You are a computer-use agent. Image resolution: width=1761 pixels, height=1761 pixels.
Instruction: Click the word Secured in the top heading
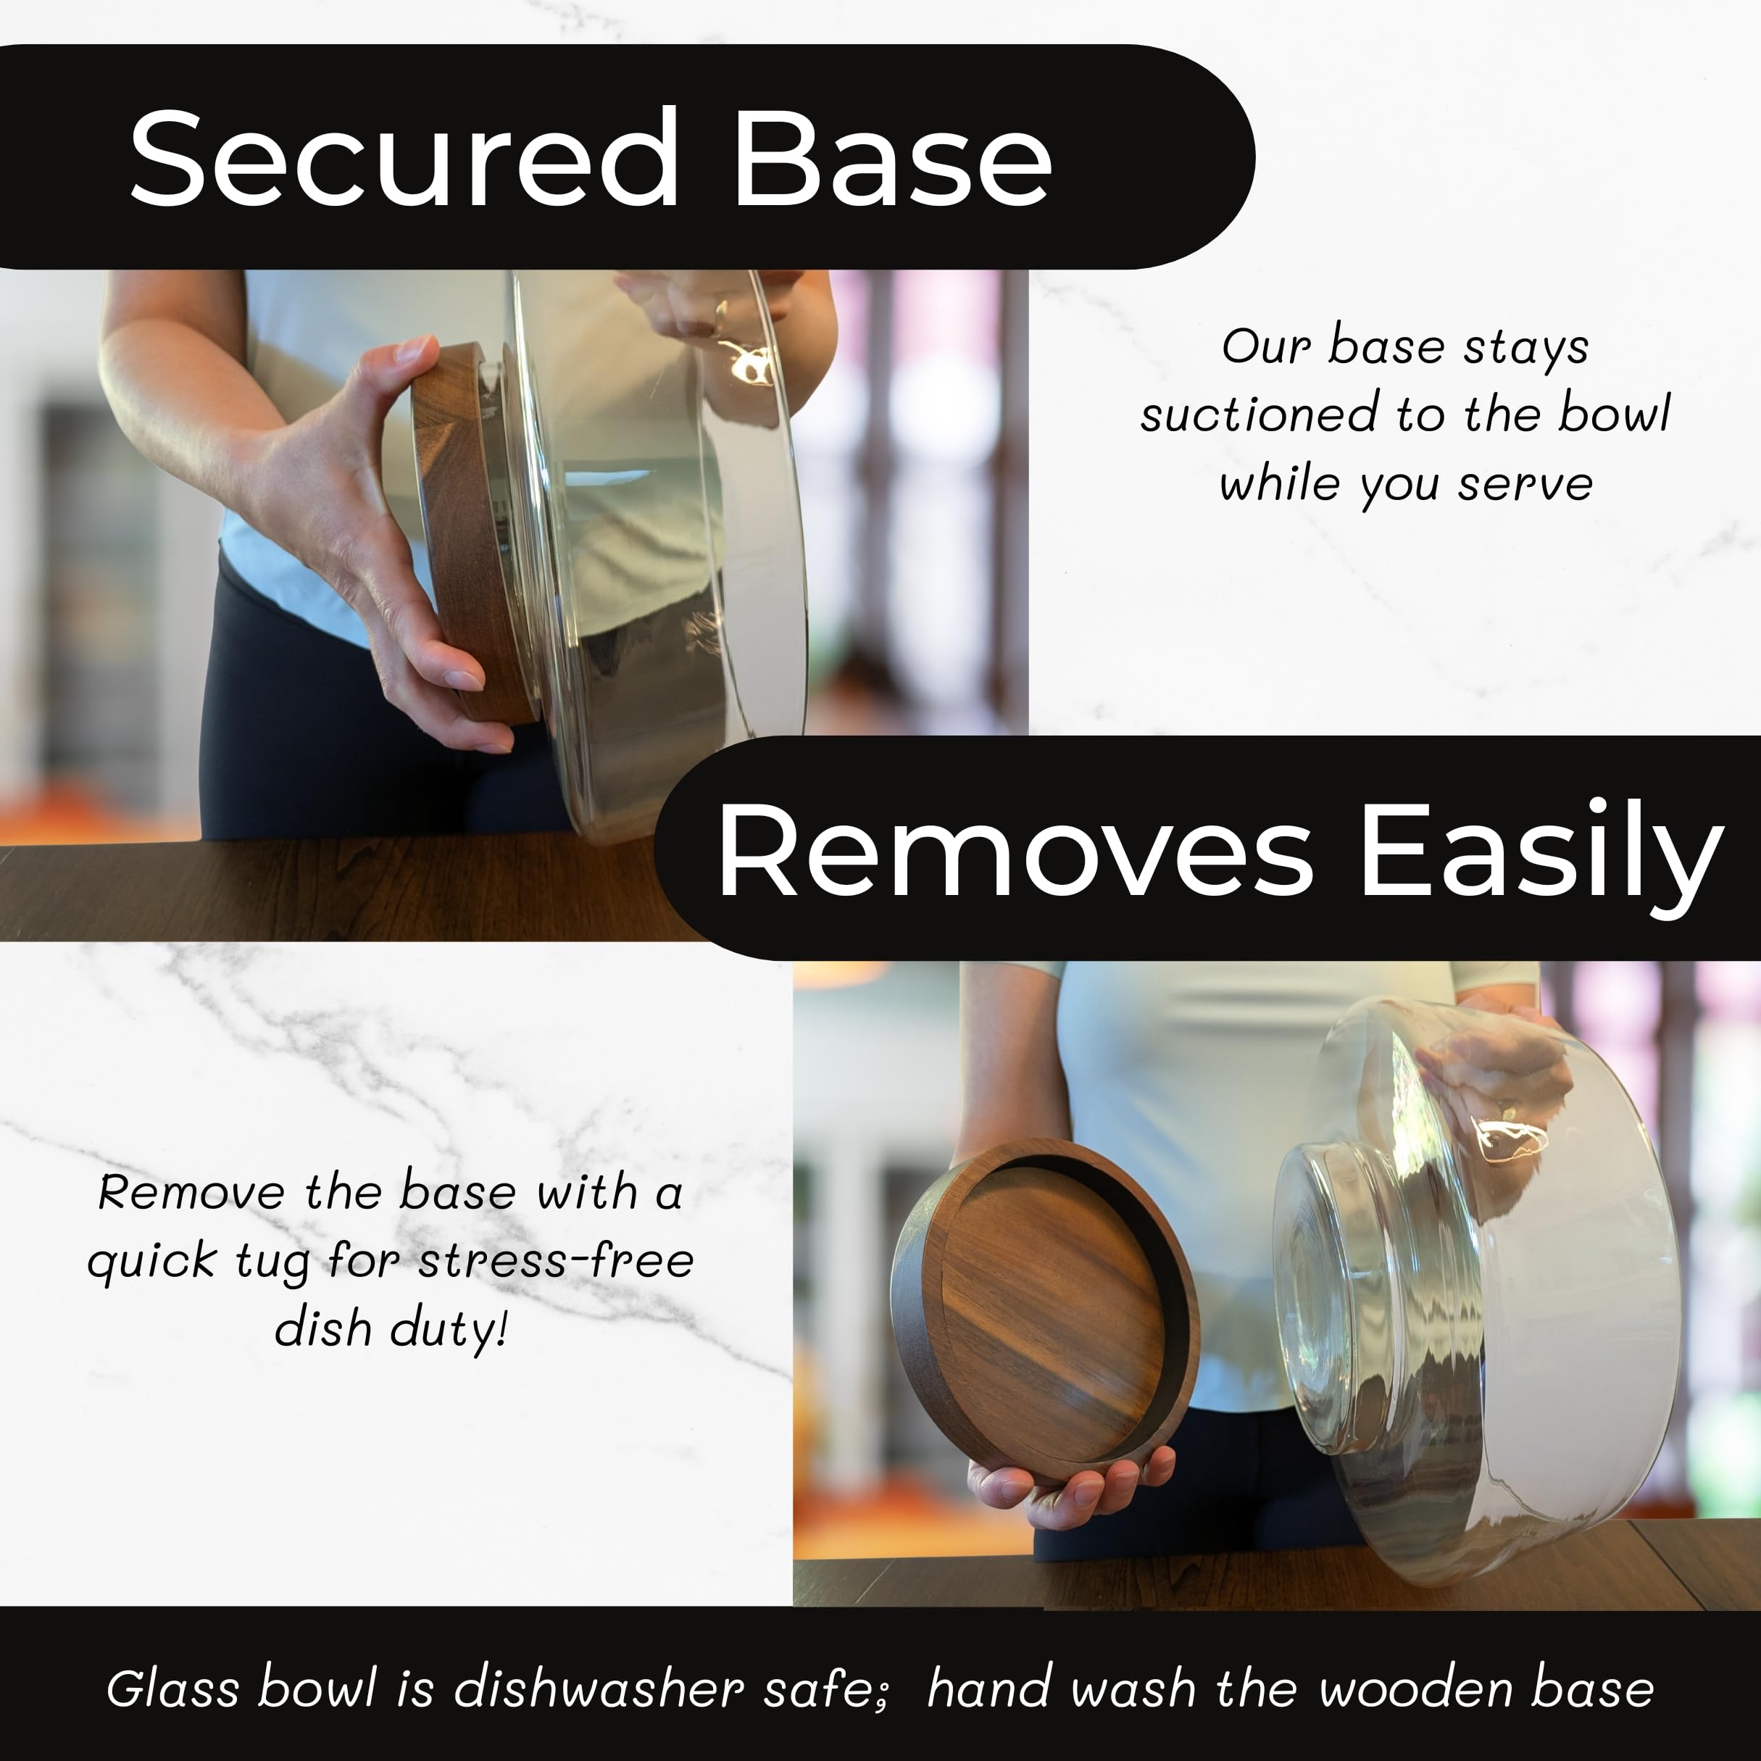tap(404, 158)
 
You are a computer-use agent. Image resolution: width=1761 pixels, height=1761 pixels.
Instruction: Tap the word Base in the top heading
tap(892, 158)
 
